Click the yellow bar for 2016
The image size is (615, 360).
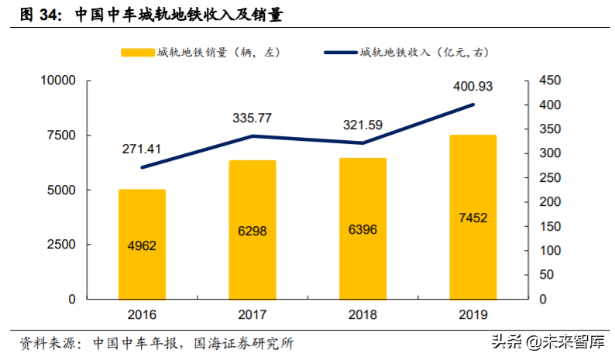pyautogui.click(x=142, y=244)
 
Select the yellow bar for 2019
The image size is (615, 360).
pyautogui.click(x=473, y=217)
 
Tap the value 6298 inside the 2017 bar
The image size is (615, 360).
pyautogui.click(x=253, y=230)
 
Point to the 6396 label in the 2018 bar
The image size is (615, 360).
pyautogui.click(x=362, y=230)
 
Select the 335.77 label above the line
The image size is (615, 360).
pyautogui.click(x=253, y=118)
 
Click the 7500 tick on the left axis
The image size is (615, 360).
pyautogui.click(x=59, y=135)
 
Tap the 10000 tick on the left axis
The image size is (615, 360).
pyautogui.click(x=56, y=81)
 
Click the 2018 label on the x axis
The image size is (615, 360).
pyautogui.click(x=362, y=315)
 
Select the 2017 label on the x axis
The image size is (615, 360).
pyautogui.click(x=253, y=315)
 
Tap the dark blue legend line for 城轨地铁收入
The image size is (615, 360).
pyautogui.click(x=338, y=53)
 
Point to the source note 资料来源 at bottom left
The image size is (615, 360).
pyautogui.click(x=46, y=342)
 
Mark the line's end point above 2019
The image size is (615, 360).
pyautogui.click(x=473, y=105)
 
